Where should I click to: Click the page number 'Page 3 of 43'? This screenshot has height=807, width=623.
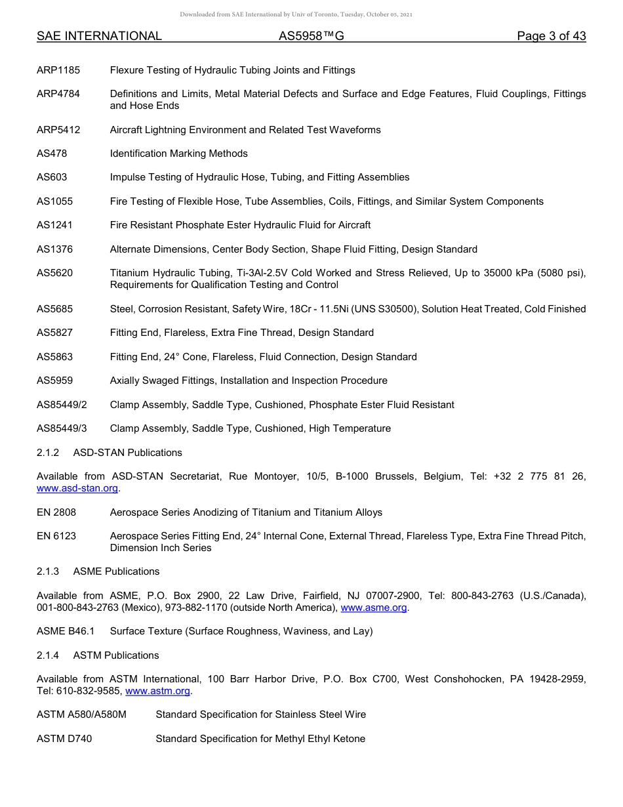pos(551,36)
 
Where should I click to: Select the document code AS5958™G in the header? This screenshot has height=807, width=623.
pos(311,36)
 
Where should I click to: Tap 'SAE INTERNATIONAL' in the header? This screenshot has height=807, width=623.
pos(99,36)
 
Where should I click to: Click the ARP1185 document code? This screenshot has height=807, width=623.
pos(58,70)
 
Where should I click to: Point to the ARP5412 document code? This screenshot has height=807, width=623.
pos(58,130)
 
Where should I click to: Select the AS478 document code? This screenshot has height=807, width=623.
pos(52,154)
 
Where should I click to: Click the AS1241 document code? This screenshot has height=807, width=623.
pos(54,225)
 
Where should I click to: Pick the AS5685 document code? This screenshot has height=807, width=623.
pos(54,309)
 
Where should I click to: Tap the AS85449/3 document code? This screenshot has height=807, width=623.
pos(62,428)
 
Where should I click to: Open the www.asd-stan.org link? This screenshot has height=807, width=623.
pos(78,488)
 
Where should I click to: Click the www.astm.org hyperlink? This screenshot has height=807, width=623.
pos(157,691)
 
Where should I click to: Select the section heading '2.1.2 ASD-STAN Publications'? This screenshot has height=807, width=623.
pos(110,453)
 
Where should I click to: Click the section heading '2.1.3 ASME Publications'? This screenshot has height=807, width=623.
pos(98,571)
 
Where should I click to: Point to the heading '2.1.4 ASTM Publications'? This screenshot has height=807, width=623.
pos(98,655)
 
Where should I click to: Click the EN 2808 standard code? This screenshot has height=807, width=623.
pos(56,512)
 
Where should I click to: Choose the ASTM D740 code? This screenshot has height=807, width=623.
pos(64,739)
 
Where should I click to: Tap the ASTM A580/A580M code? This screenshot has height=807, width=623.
pos(81,714)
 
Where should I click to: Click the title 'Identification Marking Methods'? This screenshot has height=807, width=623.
pos(178,154)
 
